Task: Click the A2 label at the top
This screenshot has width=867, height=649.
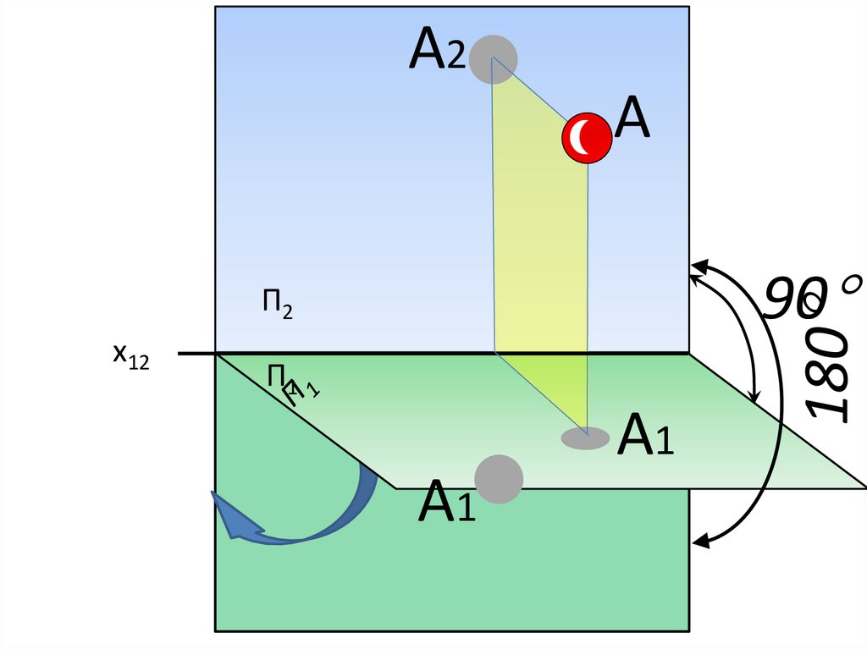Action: click(437, 52)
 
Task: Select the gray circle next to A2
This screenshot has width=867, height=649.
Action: click(494, 58)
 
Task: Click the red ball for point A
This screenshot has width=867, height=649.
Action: click(586, 136)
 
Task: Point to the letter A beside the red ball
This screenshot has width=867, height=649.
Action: click(632, 118)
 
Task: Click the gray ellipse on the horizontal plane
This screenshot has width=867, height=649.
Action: click(586, 437)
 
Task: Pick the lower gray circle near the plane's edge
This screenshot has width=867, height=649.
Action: click(499, 479)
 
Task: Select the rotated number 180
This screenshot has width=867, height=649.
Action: click(828, 372)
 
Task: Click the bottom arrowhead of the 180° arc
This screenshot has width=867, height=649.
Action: click(700, 538)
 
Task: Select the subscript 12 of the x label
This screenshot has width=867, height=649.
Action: click(138, 363)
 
